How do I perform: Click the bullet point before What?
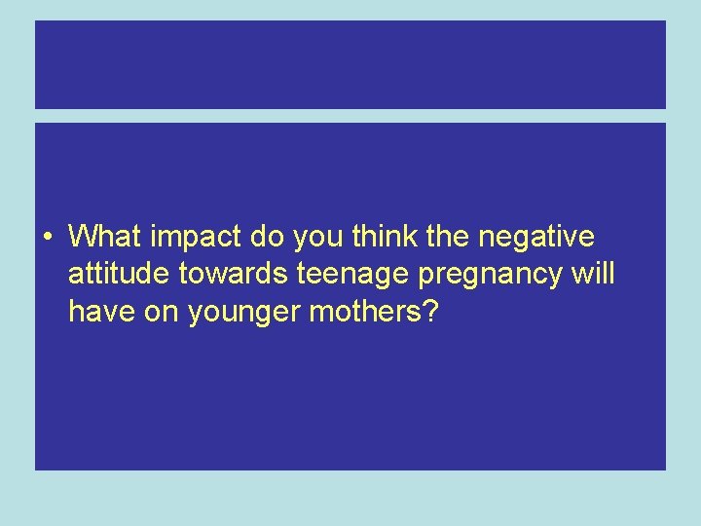pos(48,238)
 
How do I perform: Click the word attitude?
pos(119,275)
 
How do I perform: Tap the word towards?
pos(231,275)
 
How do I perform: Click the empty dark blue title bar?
pos(350,64)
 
